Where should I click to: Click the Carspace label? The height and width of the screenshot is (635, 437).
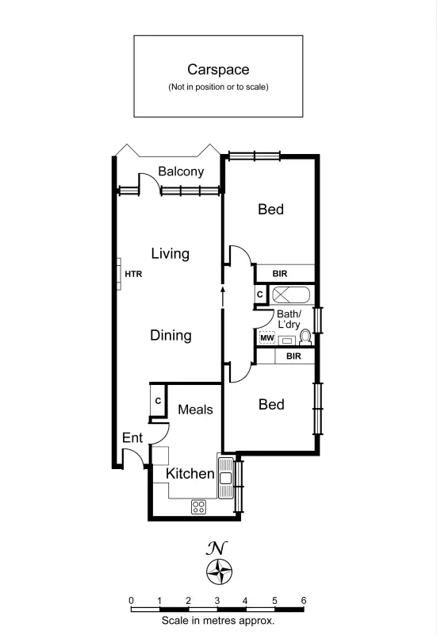pyautogui.click(x=218, y=70)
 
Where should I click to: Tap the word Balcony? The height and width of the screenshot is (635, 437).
pyautogui.click(x=181, y=171)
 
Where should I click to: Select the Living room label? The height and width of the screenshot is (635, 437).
pyautogui.click(x=171, y=254)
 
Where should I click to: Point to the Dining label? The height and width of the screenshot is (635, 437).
pyautogui.click(x=171, y=335)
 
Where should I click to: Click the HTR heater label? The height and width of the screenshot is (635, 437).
pyautogui.click(x=133, y=274)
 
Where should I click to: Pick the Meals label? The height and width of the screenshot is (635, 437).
pyautogui.click(x=195, y=410)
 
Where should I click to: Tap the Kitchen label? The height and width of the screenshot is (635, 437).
pyautogui.click(x=190, y=474)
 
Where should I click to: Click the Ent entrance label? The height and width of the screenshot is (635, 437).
pyautogui.click(x=132, y=437)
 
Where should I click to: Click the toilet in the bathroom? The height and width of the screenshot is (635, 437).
pyautogui.click(x=305, y=337)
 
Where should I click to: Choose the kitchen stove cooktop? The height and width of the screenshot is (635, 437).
pyautogui.click(x=198, y=506)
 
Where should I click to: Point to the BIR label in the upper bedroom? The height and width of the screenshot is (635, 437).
pyautogui.click(x=280, y=274)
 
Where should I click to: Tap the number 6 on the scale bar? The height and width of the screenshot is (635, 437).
pyautogui.click(x=304, y=600)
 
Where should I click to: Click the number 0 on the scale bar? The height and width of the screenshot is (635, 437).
pyautogui.click(x=131, y=600)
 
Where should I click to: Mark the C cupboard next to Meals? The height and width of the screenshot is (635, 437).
pyautogui.click(x=158, y=402)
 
